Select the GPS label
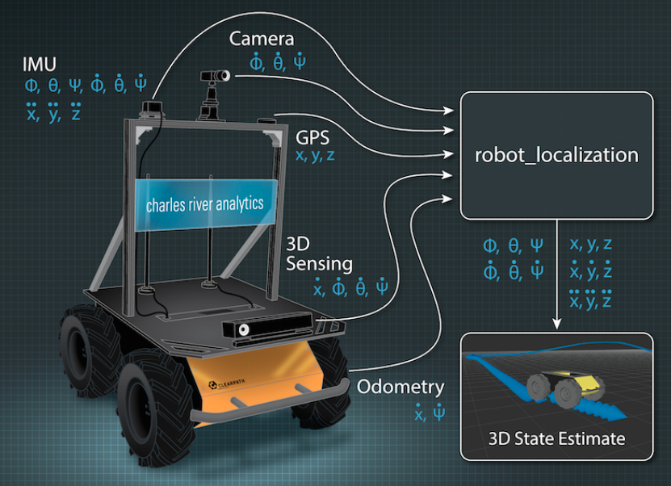(312, 136)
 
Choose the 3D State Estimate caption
(557, 439)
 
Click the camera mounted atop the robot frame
(214, 78)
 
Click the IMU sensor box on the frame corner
(152, 108)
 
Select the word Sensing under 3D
(320, 263)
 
